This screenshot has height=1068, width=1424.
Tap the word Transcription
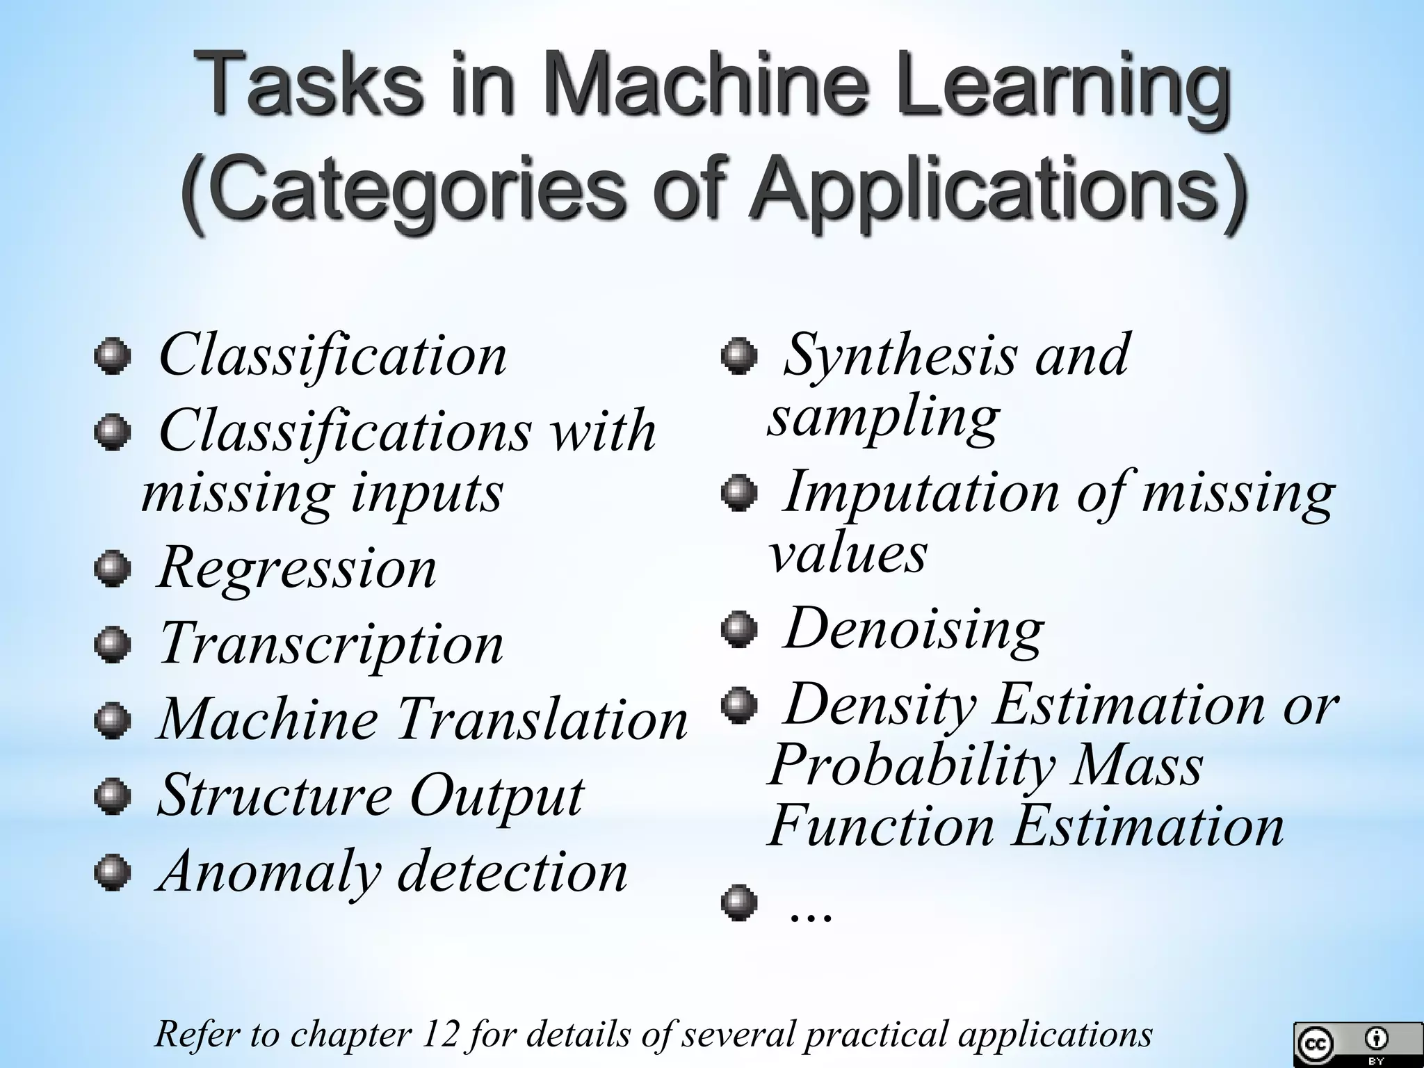[x=331, y=645]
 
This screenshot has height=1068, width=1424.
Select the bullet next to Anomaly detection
[x=112, y=873]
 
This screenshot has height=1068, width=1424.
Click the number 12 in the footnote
[x=441, y=1035]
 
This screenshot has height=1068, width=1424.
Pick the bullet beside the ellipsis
[x=738, y=903]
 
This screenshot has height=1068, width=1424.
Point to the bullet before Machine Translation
[x=112, y=720]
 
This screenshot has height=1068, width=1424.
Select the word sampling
[x=884, y=418]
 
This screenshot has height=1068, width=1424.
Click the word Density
[x=880, y=705]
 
